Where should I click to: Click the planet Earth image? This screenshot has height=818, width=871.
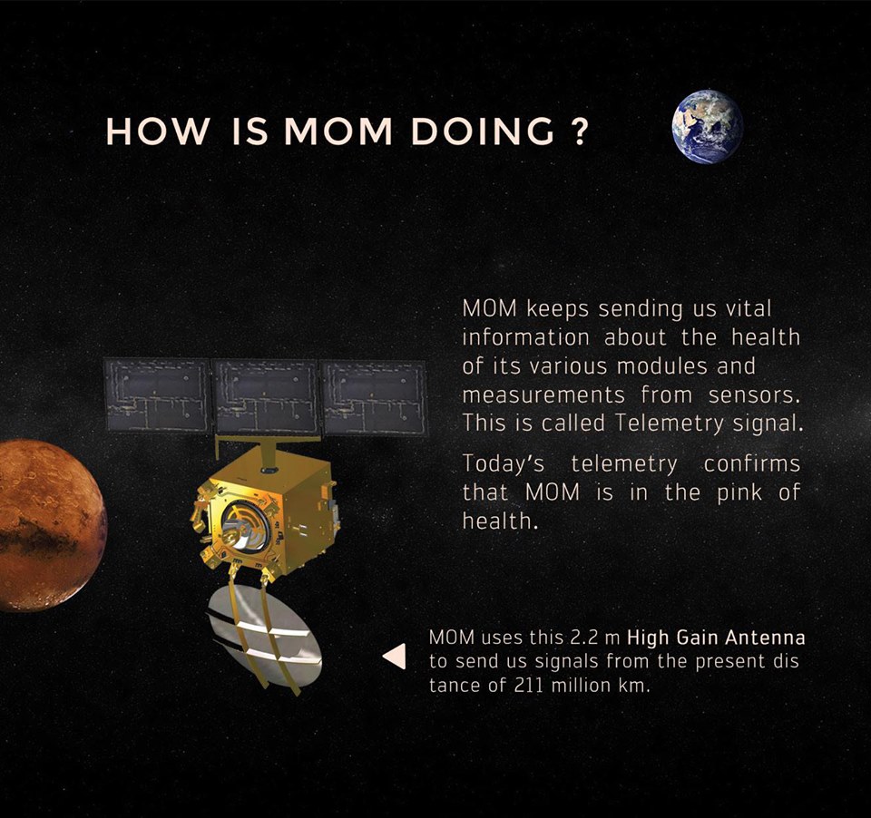point(708,126)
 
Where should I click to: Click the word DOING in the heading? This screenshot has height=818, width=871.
point(483,131)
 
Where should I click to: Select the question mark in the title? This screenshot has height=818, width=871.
point(578,131)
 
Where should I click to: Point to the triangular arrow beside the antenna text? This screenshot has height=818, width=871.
point(394,657)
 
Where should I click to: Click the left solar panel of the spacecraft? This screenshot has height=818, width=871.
point(157,394)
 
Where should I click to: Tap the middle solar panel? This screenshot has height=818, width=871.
point(265,395)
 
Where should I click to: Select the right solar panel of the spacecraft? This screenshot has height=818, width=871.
point(375,397)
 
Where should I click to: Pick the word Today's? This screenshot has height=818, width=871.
point(504,464)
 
